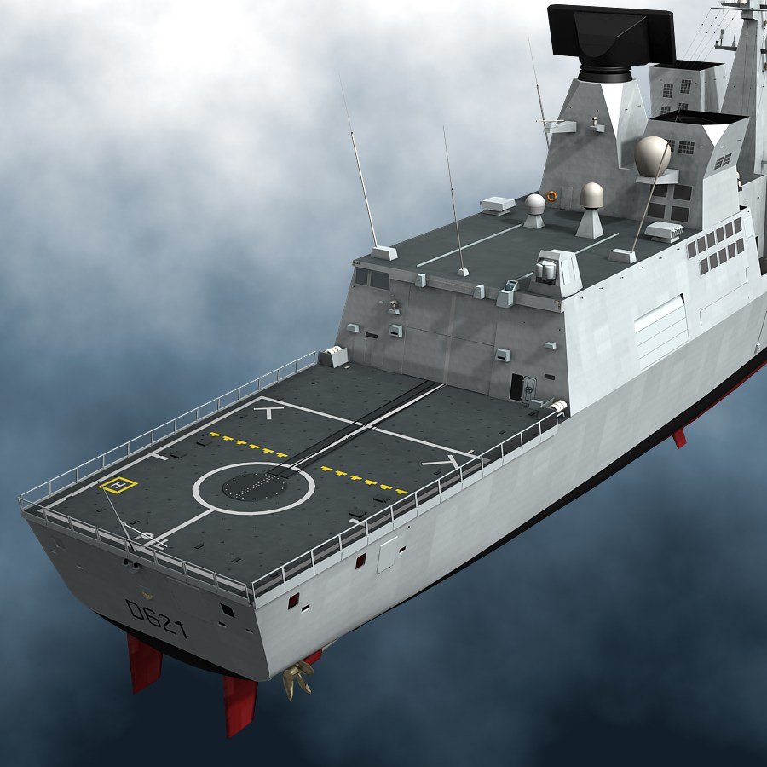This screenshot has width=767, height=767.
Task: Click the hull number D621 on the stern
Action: [157, 620]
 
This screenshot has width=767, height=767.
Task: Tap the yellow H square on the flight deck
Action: [118, 485]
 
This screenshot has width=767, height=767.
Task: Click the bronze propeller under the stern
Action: [297, 678]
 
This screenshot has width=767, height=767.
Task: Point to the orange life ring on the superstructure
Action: [551, 196]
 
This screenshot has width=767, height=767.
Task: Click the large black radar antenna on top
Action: [611, 39]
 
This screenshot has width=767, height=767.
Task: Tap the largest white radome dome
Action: [652, 156]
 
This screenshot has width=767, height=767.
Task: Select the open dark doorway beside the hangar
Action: [516, 387]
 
